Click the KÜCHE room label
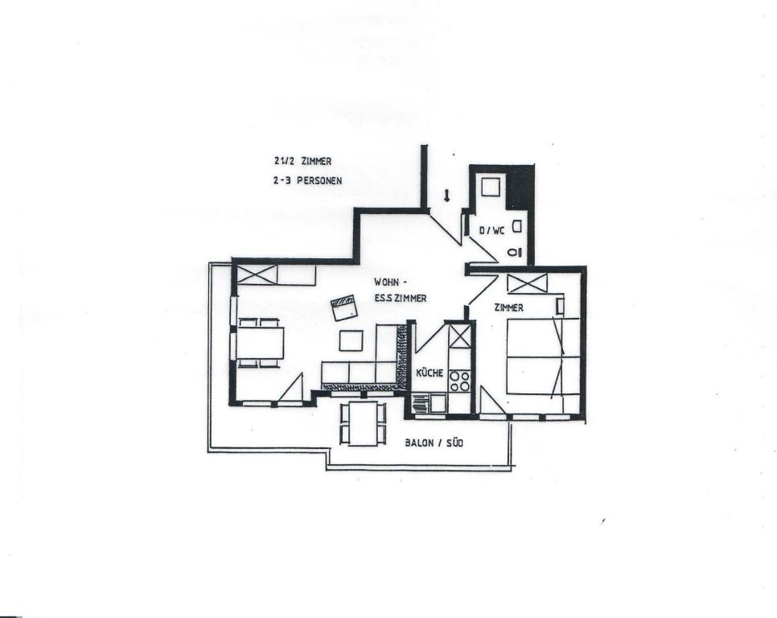(x=430, y=373)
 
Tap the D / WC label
(x=491, y=230)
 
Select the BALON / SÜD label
(x=434, y=443)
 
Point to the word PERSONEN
(x=319, y=181)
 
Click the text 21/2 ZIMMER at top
(x=302, y=161)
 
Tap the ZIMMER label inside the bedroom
(x=509, y=307)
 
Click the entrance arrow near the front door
(x=446, y=196)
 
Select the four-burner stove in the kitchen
(x=459, y=381)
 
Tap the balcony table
(x=363, y=423)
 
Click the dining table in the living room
(x=260, y=343)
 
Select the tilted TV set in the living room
(x=344, y=308)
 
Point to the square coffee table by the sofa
(x=351, y=340)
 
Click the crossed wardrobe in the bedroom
(x=528, y=282)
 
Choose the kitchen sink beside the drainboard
(x=439, y=402)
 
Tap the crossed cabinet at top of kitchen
(x=458, y=335)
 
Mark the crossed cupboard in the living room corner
(x=257, y=274)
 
